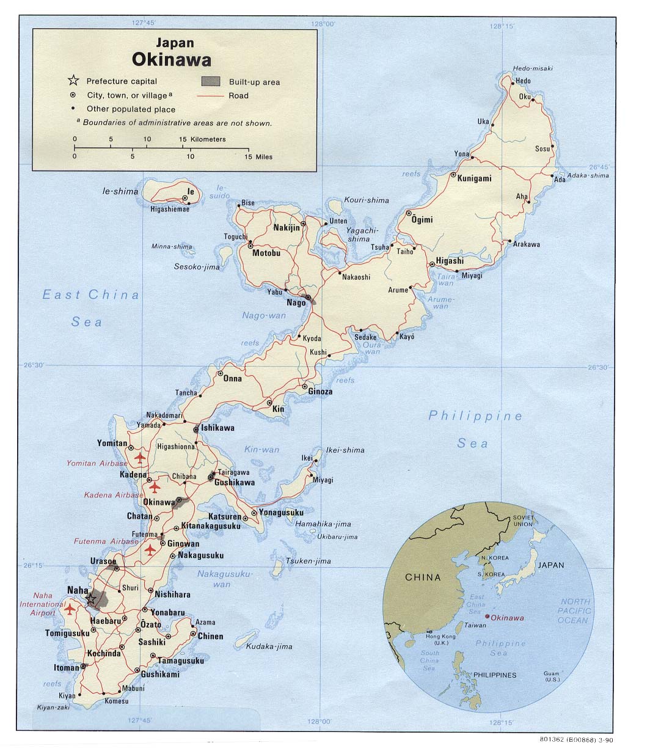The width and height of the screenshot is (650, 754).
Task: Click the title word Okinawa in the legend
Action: (x=172, y=60)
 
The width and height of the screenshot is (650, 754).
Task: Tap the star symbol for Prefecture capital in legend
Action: (x=73, y=81)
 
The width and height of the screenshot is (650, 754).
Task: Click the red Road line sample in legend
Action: (x=211, y=96)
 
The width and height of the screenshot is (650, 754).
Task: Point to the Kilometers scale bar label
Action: (x=208, y=139)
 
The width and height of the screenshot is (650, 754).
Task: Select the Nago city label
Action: (x=296, y=302)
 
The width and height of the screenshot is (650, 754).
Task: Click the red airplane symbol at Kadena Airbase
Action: (x=154, y=487)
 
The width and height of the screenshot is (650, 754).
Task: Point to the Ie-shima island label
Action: (x=120, y=191)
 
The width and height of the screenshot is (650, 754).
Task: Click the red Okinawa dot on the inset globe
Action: (x=487, y=617)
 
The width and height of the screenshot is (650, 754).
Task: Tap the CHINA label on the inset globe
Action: (x=423, y=577)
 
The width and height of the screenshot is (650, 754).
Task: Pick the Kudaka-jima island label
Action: (x=269, y=646)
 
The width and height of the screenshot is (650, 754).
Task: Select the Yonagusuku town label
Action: (x=281, y=512)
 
